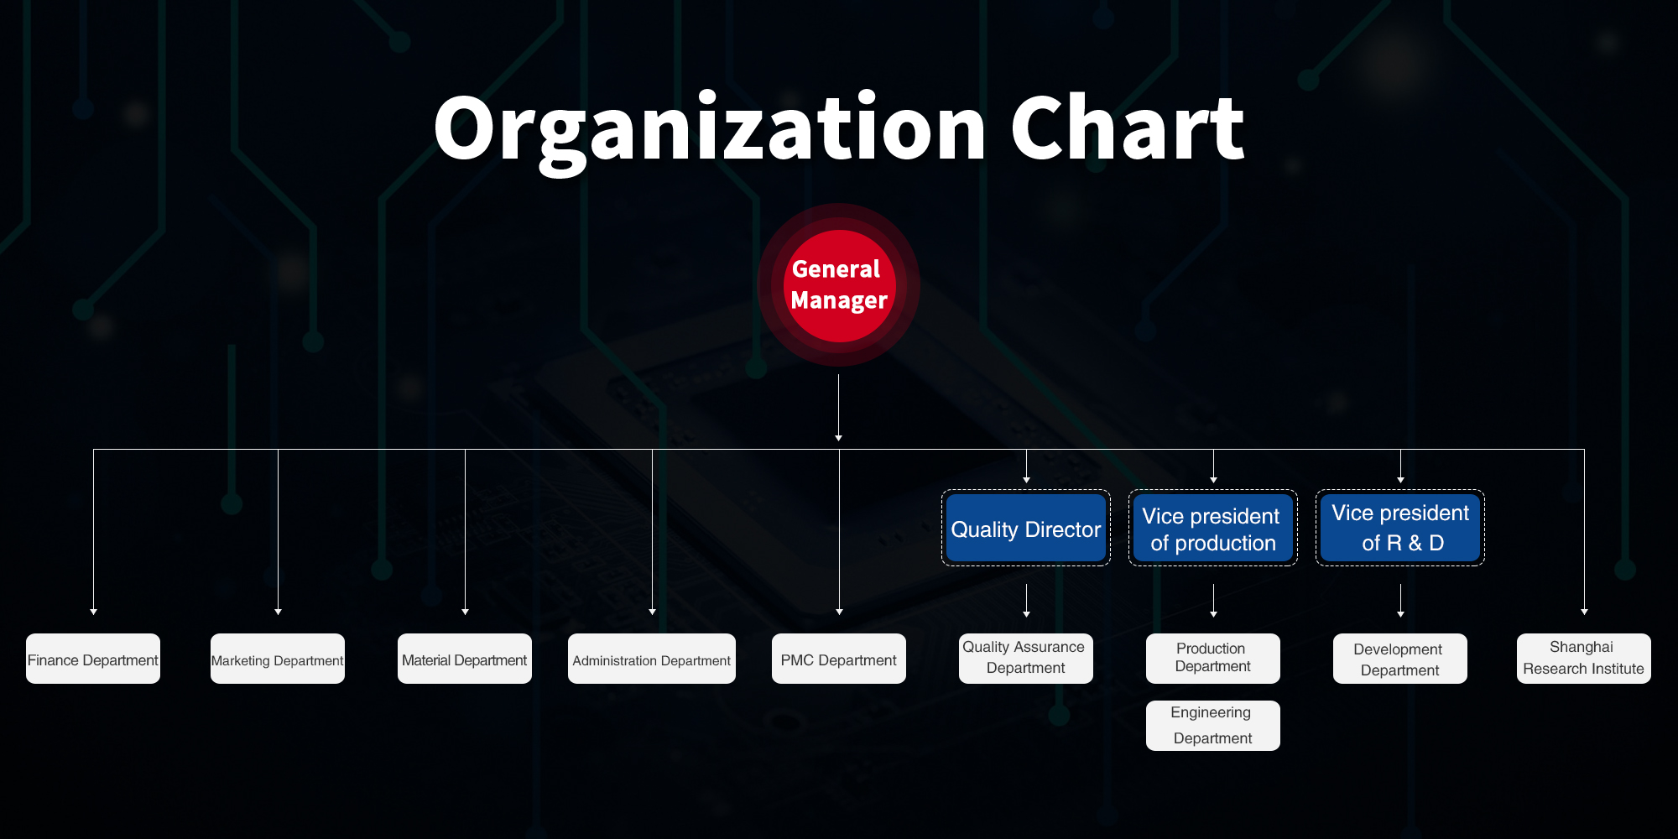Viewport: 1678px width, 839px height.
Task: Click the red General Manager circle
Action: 839,285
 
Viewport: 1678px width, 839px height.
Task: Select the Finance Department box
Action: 93,659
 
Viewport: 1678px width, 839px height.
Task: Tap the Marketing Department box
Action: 278,659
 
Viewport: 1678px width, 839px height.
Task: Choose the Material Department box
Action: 465,659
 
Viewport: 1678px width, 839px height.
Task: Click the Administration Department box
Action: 652,659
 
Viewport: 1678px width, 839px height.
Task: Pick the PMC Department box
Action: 839,659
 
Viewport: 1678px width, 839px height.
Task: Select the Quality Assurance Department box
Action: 1026,659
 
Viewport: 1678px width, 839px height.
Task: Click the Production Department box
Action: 1213,659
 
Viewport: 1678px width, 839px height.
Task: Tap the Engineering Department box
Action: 1213,726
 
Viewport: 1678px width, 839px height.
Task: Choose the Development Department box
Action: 1400,659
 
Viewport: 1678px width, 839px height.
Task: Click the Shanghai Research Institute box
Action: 1584,659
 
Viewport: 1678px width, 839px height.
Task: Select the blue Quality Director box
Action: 1026,528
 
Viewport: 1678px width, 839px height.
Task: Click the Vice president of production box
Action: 1213,528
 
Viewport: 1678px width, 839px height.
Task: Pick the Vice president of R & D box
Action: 1400,528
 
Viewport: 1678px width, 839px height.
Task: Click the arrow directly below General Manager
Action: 839,408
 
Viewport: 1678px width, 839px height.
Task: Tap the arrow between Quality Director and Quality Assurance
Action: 1026,601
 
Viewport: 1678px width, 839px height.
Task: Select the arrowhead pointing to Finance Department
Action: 93,612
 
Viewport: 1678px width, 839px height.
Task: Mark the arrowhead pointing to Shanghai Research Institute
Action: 1584,612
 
